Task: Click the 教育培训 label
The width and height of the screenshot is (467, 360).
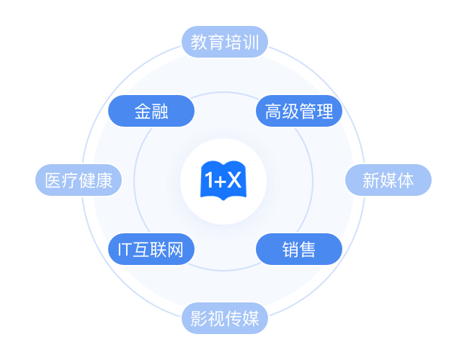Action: pyautogui.click(x=225, y=42)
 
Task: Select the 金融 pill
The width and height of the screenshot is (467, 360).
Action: pyautogui.click(x=151, y=112)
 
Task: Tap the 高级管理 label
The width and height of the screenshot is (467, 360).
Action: pyautogui.click(x=299, y=112)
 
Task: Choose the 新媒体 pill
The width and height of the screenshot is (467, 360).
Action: pyautogui.click(x=388, y=180)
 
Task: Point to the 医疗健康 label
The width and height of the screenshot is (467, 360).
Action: pyautogui.click(x=79, y=180)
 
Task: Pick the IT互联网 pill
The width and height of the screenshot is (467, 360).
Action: pyautogui.click(x=151, y=250)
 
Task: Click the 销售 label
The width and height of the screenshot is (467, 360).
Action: pyautogui.click(x=299, y=250)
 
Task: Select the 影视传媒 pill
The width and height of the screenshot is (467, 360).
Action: pyautogui.click(x=225, y=318)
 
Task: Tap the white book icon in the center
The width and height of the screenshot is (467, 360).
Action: pyautogui.click(x=233, y=181)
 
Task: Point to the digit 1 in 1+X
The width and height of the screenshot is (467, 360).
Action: pyautogui.click(x=210, y=181)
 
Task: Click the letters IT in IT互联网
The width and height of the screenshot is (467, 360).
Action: pyautogui.click(x=123, y=250)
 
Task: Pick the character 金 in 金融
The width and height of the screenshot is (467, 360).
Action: pyautogui.click(x=142, y=112)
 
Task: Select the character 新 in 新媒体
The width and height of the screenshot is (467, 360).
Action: pyautogui.click(x=370, y=180)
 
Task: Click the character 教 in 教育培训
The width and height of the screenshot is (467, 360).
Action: pyautogui.click(x=199, y=42)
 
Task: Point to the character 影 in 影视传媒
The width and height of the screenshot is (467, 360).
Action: pyautogui.click(x=199, y=318)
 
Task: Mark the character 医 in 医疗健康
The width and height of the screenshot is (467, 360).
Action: pyautogui.click(x=53, y=180)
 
